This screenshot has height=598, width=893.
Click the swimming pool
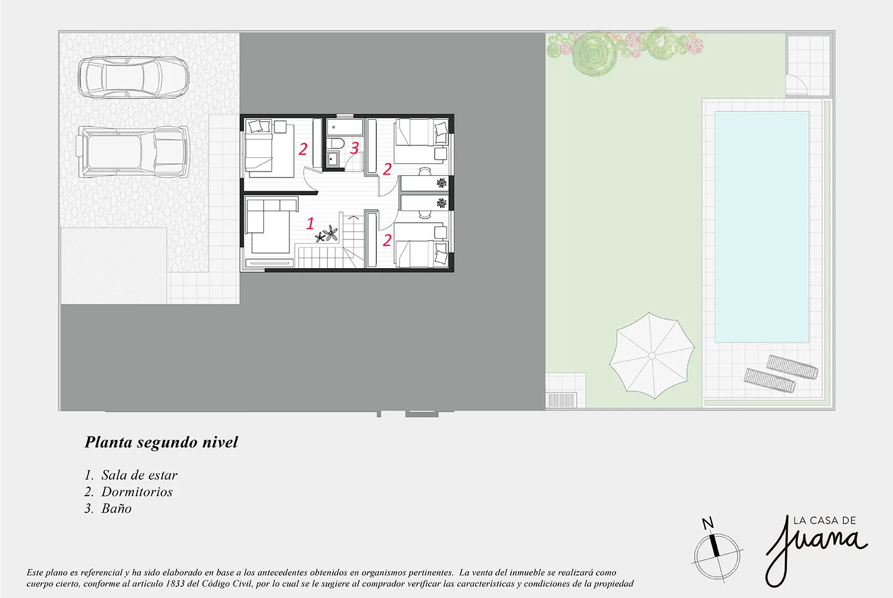pyautogui.click(x=762, y=227)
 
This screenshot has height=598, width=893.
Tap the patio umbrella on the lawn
pyautogui.click(x=651, y=356)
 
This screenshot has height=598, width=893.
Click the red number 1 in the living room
pyautogui.click(x=310, y=223)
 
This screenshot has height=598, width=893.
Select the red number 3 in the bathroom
pyautogui.click(x=354, y=148)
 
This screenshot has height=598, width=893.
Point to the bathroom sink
pyautogui.click(x=332, y=159)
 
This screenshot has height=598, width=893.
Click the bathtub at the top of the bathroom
pyautogui.click(x=345, y=127)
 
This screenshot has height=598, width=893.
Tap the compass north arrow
pyautogui.click(x=713, y=541)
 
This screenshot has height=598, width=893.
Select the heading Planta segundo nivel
pyautogui.click(x=161, y=443)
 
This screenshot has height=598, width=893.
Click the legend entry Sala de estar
pyautogui.click(x=139, y=475)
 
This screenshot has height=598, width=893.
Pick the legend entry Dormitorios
pyautogui.click(x=137, y=492)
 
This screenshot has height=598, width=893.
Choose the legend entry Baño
pyautogui.click(x=117, y=508)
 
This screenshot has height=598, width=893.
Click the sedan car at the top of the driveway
pyautogui.click(x=133, y=77)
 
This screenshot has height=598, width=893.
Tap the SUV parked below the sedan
pyautogui.click(x=133, y=152)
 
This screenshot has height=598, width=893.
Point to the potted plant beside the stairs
pyautogui.click(x=327, y=233)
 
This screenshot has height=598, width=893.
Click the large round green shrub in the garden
pyautogui.click(x=594, y=54)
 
